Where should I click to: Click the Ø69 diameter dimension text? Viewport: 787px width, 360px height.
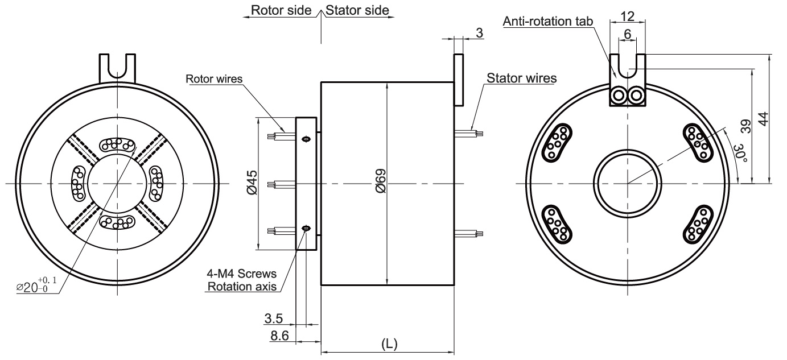(x=381, y=181)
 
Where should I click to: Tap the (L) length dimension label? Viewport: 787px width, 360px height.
(x=389, y=345)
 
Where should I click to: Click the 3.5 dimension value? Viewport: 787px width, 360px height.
(x=279, y=318)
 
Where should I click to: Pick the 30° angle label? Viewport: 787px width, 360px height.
(x=738, y=152)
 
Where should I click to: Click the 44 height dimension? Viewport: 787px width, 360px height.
(x=764, y=119)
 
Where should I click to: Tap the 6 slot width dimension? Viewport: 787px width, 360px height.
(x=627, y=34)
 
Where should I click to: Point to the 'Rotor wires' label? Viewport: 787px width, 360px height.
(x=215, y=78)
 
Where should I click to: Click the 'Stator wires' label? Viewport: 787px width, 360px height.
(x=521, y=78)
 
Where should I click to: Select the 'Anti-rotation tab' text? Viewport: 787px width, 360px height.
(x=548, y=22)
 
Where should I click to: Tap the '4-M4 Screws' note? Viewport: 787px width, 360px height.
(x=242, y=274)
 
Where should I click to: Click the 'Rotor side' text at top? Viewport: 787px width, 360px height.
(x=281, y=10)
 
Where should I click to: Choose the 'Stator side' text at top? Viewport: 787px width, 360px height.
(x=359, y=10)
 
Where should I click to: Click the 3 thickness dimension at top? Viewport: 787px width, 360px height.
(x=479, y=34)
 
